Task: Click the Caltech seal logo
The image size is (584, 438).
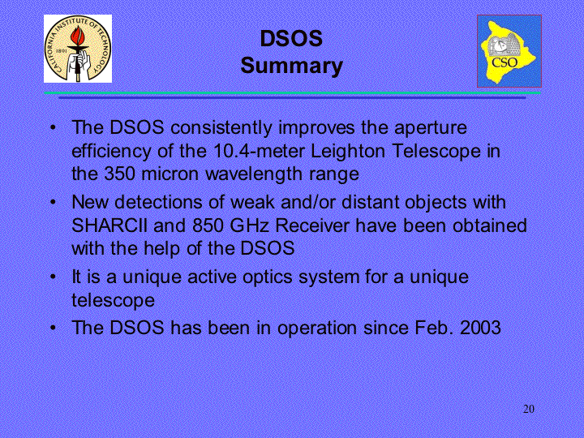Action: click(78, 49)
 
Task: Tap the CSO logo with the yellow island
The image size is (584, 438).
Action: click(509, 51)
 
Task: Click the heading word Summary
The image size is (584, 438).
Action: click(292, 67)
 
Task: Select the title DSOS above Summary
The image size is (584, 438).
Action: click(291, 38)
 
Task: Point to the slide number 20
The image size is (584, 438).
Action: click(529, 409)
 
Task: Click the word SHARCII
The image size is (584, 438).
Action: click(109, 225)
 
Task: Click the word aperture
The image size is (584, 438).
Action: click(431, 128)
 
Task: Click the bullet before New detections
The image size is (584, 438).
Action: click(54, 202)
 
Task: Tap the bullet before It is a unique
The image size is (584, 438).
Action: click(54, 277)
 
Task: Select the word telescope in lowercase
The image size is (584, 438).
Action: click(113, 301)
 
